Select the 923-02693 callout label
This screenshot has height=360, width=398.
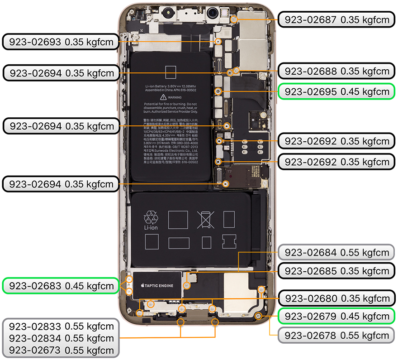pyautogui.click(x=61, y=43)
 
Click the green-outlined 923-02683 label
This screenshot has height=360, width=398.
pyautogui.click(x=61, y=286)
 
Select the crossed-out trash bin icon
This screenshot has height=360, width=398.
pyautogui.click(x=206, y=220)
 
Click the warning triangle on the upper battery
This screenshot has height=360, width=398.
pyautogui.click(x=164, y=97)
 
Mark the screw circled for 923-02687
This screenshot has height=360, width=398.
pyautogui.click(x=233, y=19)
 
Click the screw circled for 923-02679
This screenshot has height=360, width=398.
pyautogui.click(x=258, y=315)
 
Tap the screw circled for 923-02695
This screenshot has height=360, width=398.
pyautogui.click(x=218, y=91)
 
